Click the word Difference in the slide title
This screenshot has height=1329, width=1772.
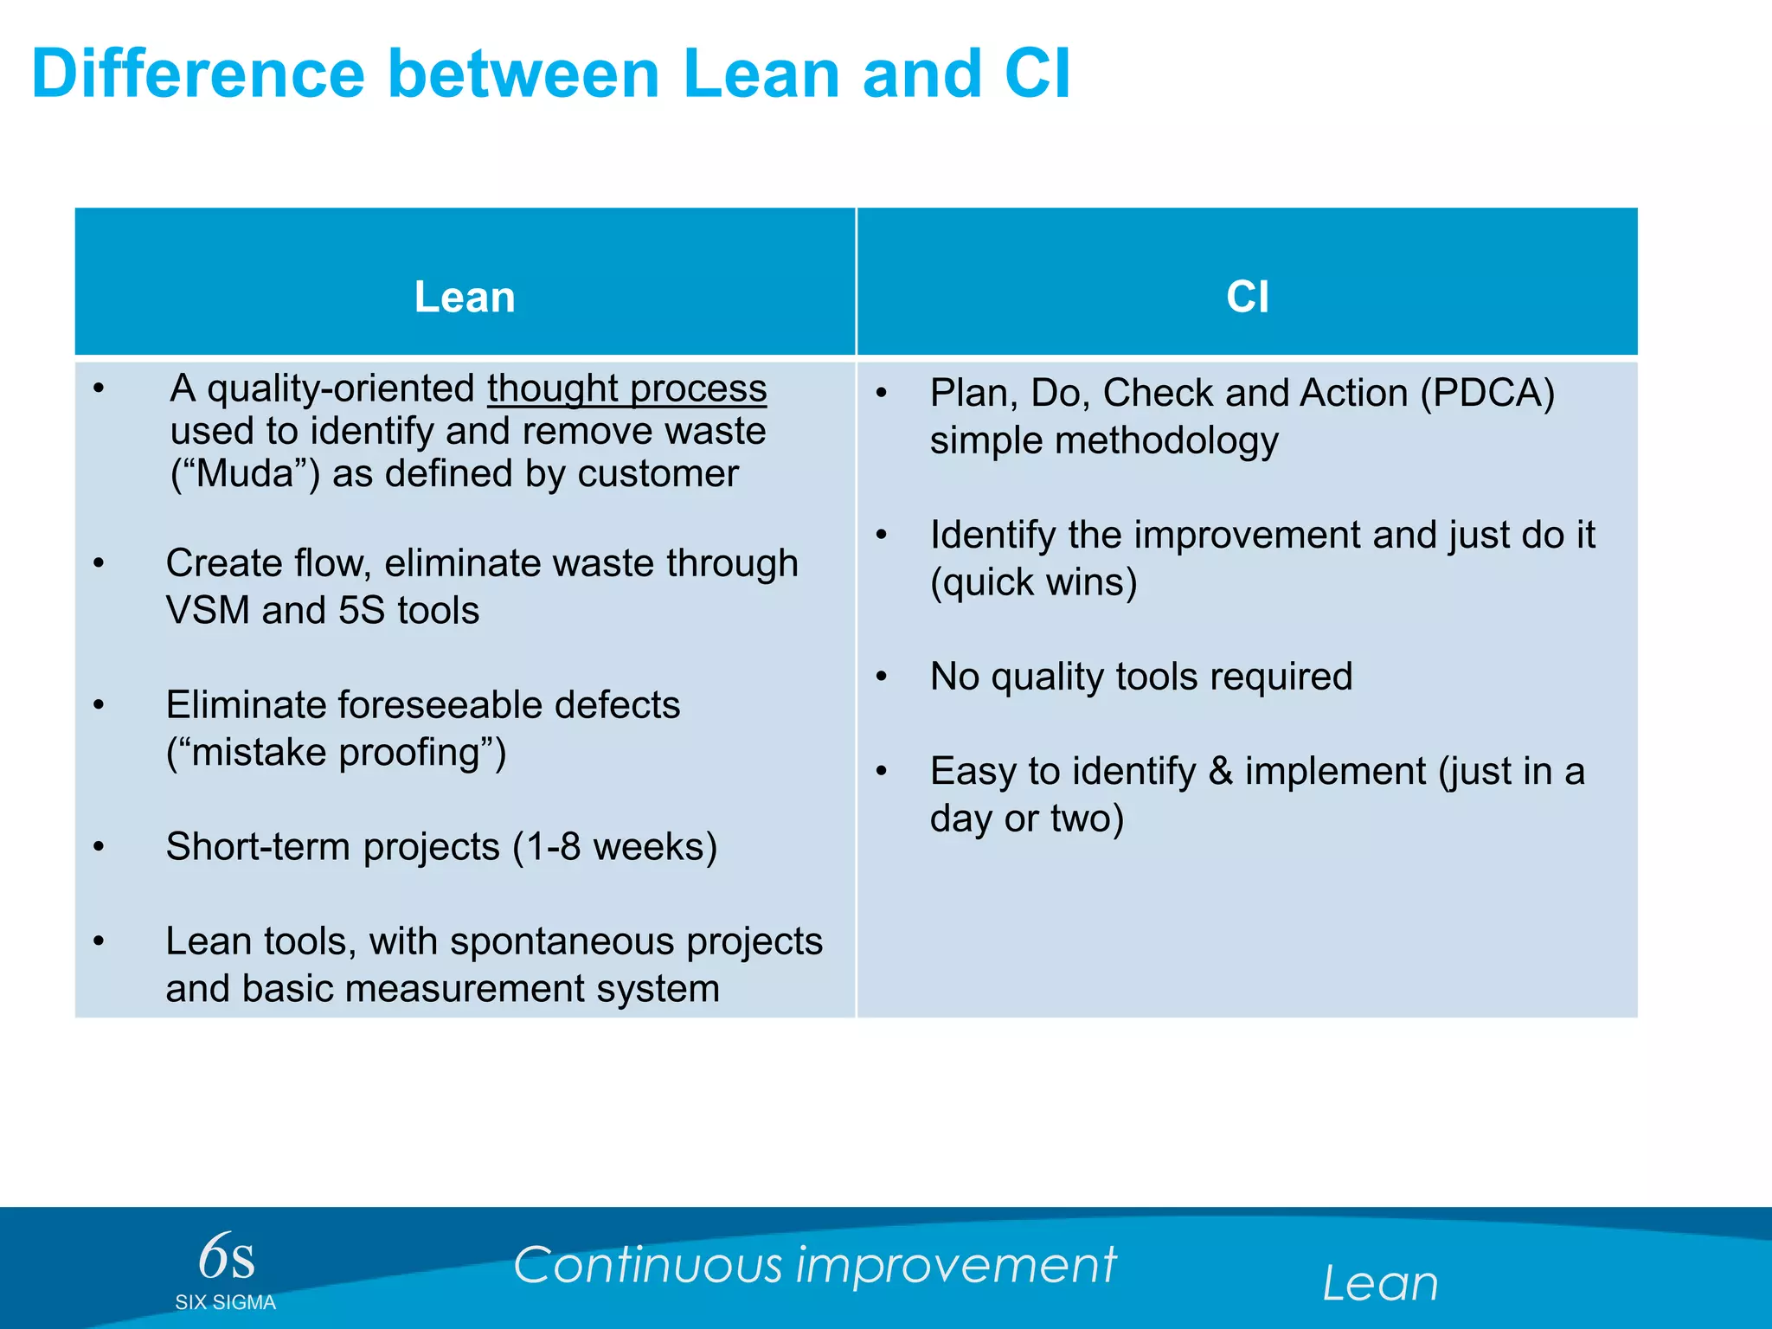click(198, 74)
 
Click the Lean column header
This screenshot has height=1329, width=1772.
click(465, 297)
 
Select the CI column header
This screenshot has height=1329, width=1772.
click(1247, 297)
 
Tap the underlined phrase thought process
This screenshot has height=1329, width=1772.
click(626, 388)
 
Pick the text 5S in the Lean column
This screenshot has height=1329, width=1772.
click(361, 611)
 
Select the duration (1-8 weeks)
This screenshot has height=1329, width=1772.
click(614, 847)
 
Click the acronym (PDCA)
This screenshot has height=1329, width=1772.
click(1487, 394)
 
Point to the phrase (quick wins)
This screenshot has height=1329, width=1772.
click(1033, 582)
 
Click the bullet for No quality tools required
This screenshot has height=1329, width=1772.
click(881, 677)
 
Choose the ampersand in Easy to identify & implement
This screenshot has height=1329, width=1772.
click(1220, 771)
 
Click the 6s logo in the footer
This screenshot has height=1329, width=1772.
click(226, 1257)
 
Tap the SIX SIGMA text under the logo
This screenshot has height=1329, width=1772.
click(225, 1303)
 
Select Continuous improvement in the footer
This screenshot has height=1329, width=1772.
click(814, 1265)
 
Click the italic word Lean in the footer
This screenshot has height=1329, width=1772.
click(1380, 1283)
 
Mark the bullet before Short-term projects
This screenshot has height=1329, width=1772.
click(100, 847)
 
